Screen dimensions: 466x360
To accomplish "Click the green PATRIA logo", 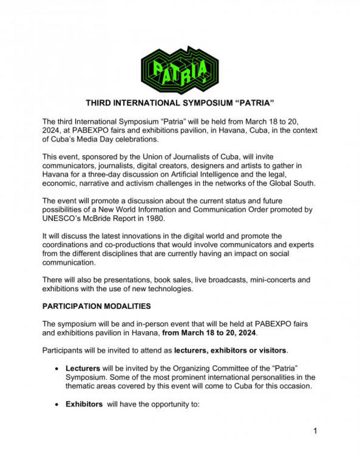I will (x=180, y=70).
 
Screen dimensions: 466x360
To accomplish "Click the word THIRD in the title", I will (x=97, y=104).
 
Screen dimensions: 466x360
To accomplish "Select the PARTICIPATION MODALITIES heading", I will (x=96, y=306).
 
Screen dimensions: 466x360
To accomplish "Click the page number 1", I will (x=315, y=431).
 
